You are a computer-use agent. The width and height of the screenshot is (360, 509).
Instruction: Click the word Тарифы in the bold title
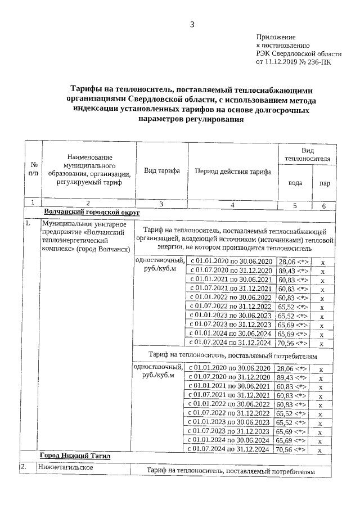pos(89,89)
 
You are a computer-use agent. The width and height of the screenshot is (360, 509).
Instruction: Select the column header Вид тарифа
pos(162,170)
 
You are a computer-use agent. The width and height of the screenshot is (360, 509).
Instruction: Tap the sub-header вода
pos(295,183)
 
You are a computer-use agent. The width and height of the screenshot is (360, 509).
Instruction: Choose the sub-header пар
pos(324,183)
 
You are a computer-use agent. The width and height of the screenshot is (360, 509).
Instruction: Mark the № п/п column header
pos(33,170)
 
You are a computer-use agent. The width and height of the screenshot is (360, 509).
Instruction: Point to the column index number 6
pos(324,206)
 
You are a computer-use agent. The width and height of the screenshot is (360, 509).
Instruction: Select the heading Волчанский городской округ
pos(91,213)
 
